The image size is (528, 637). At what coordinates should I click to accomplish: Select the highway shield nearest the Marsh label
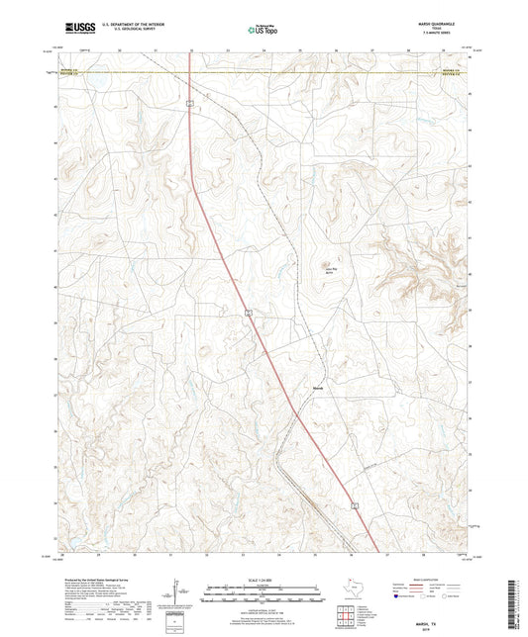pos(251,313)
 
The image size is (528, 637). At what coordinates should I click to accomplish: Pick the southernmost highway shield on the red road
pos(352,505)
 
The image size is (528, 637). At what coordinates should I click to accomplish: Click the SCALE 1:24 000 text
pos(264,579)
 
